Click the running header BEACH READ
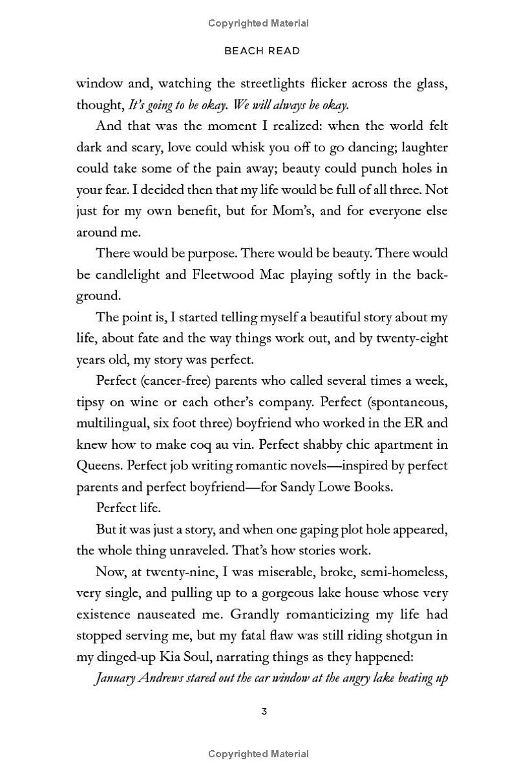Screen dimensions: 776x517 point(262,50)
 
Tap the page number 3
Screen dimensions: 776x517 point(264,711)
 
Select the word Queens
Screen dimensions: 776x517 point(99,466)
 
